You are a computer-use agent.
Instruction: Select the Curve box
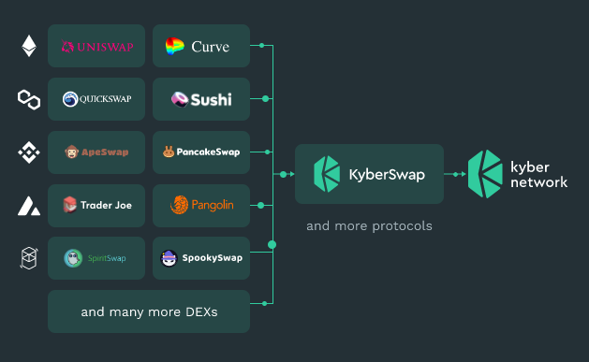pyautogui.click(x=201, y=46)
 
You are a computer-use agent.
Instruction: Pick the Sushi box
pyautogui.click(x=201, y=99)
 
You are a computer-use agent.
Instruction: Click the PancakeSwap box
pyautogui.click(x=201, y=152)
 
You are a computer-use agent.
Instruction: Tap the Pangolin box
pyautogui.click(x=201, y=204)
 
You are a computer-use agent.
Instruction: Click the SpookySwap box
pyautogui.click(x=201, y=258)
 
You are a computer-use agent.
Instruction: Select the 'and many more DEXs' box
pyautogui.click(x=149, y=311)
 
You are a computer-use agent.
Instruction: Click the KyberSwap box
pyautogui.click(x=368, y=174)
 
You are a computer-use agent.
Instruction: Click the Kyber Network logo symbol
pyautogui.click(x=486, y=174)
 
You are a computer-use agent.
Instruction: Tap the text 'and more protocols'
pyautogui.click(x=369, y=226)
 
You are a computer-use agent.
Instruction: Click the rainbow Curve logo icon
pyautogui.click(x=175, y=46)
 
